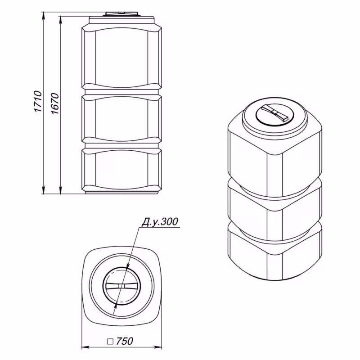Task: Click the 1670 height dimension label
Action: click(x=55, y=104)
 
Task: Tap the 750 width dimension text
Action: click(x=124, y=341)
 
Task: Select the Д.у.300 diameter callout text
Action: click(x=160, y=222)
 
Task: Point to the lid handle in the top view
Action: click(x=121, y=286)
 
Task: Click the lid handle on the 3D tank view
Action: click(x=275, y=112)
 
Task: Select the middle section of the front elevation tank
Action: click(x=121, y=119)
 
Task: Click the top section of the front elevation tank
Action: click(x=121, y=56)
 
